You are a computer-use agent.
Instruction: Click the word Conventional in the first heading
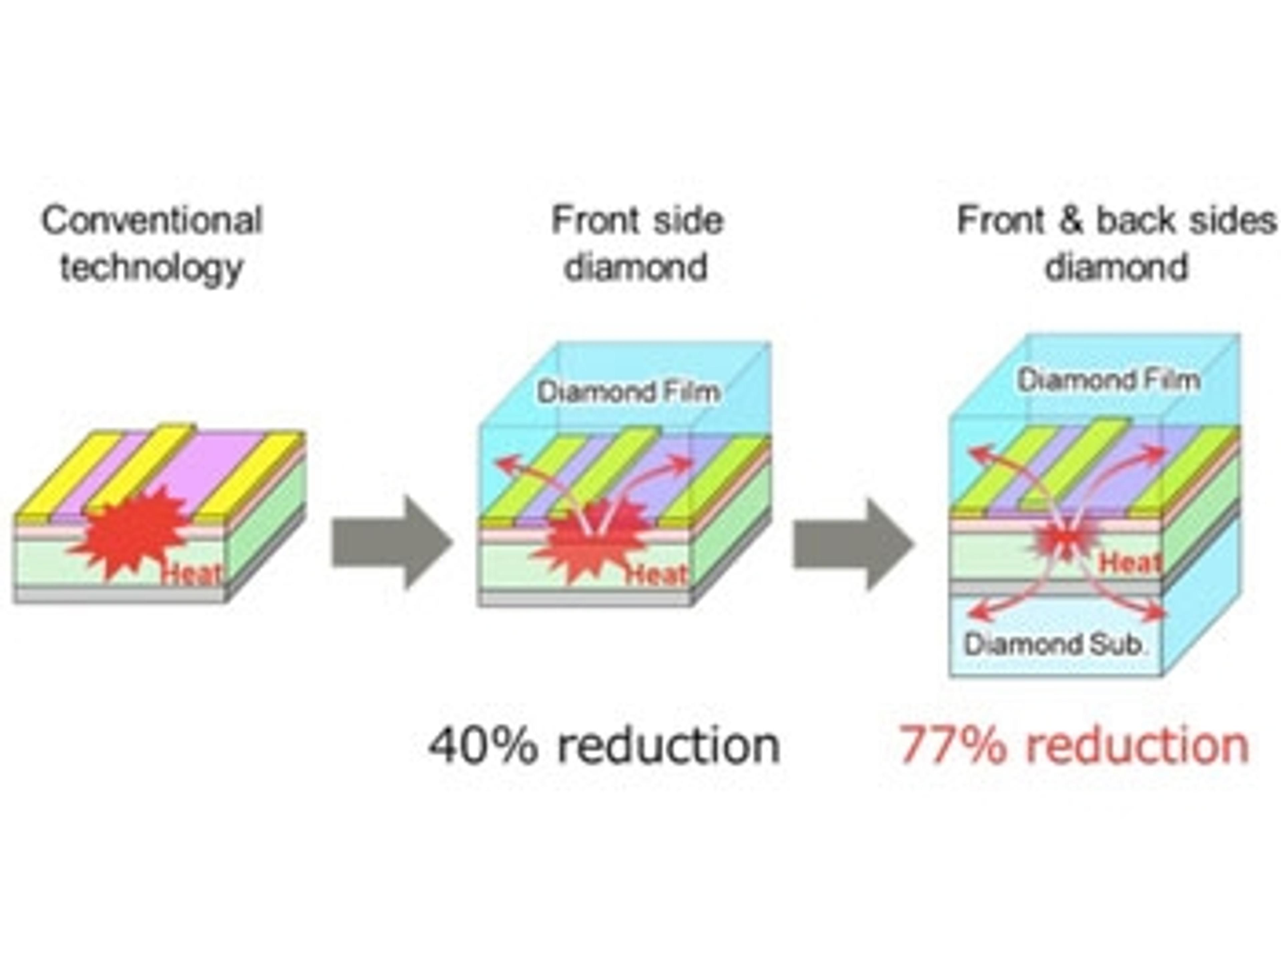152,220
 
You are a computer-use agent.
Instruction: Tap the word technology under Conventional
152,268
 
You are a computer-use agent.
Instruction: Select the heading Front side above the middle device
637,220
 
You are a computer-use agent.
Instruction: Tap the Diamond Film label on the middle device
628,392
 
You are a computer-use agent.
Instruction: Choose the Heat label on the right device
1129,562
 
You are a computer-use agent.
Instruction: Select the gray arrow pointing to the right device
852,543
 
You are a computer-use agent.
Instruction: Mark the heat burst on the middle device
591,541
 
